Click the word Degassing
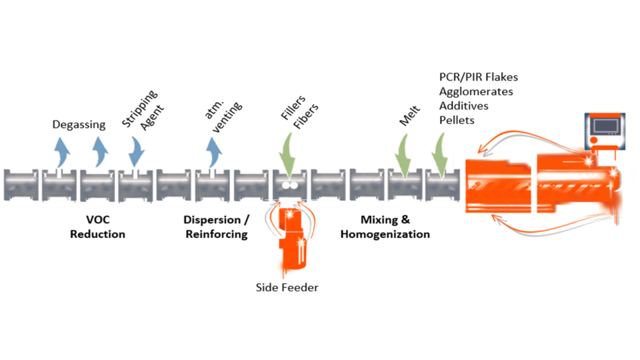79,124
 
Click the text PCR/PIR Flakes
478,78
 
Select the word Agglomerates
476,92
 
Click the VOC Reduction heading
97,227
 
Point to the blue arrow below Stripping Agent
136,151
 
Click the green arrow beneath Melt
405,153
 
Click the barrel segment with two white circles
289,186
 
